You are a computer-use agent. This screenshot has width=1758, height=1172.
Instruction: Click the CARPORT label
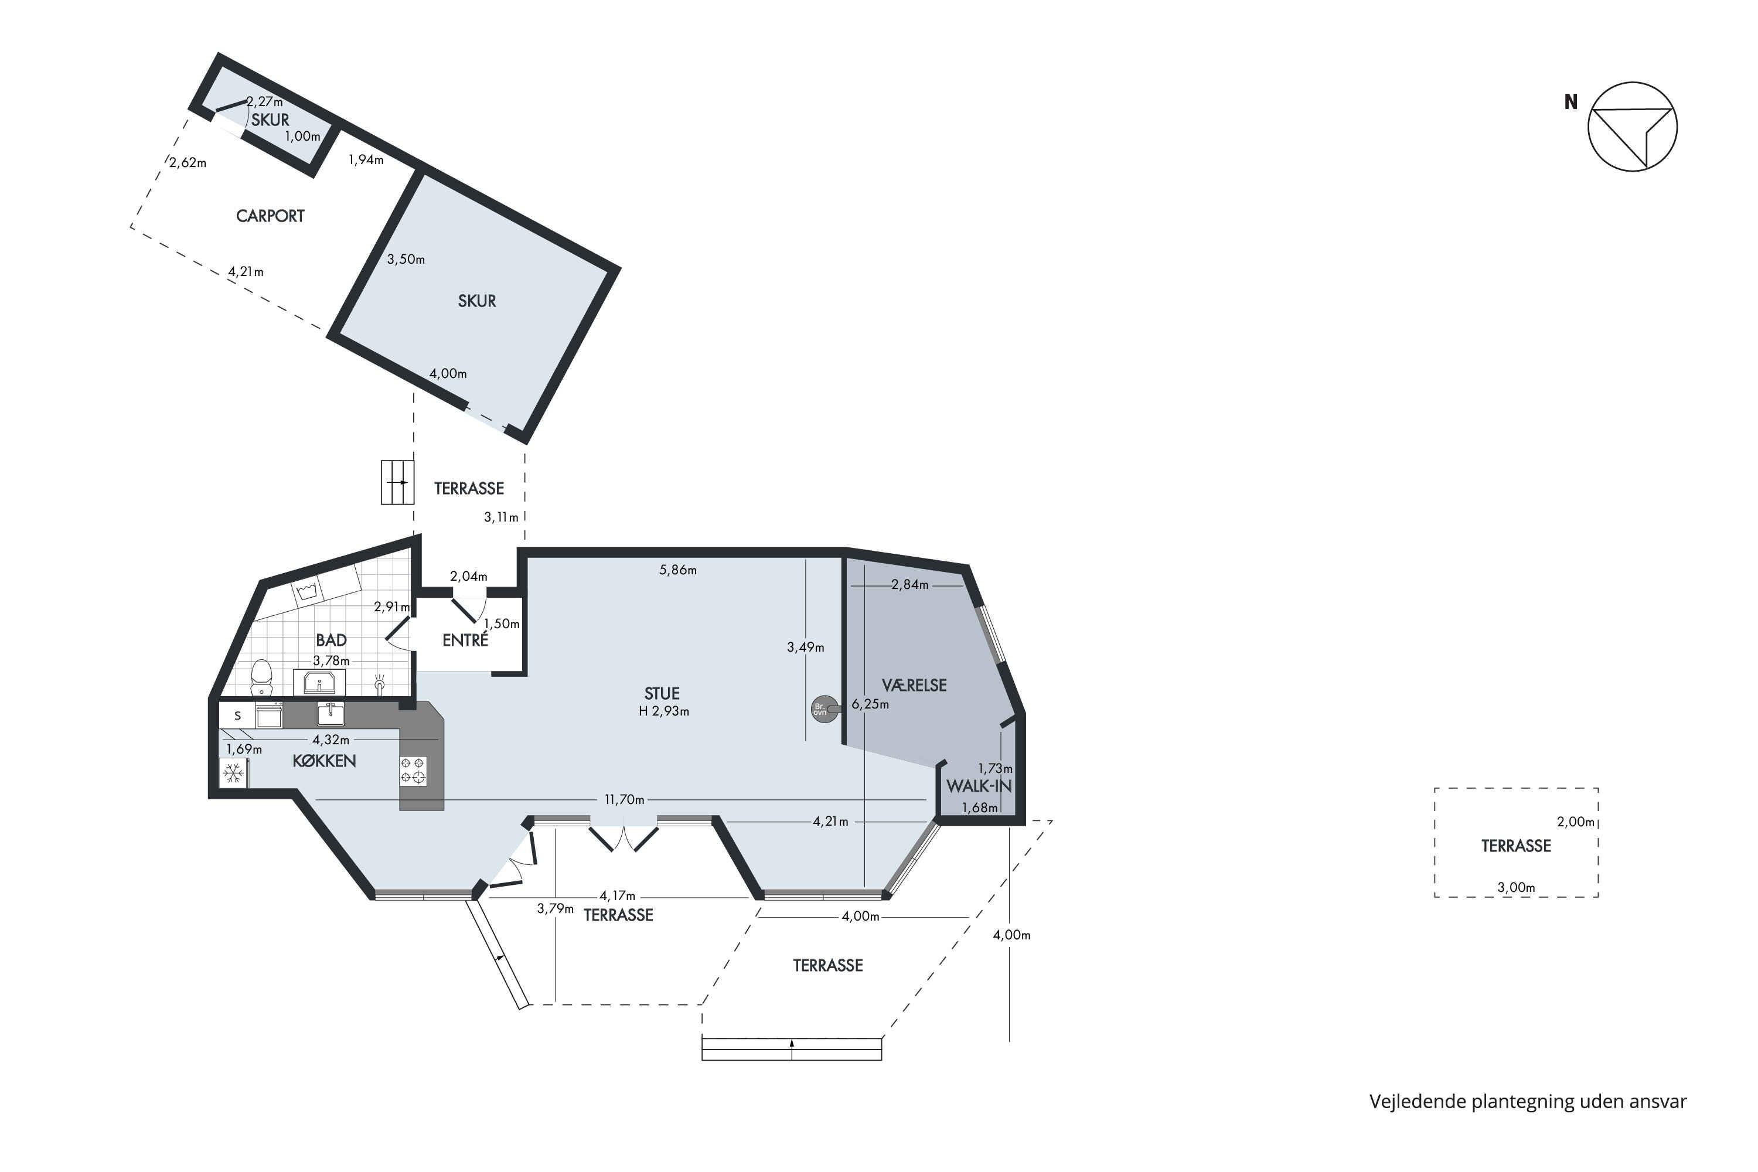coord(270,216)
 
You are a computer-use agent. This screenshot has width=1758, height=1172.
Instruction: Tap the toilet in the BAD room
coord(261,676)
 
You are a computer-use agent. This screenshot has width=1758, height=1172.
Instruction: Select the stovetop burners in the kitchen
coord(413,771)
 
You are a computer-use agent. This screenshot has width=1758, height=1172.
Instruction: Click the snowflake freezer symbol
coord(234,773)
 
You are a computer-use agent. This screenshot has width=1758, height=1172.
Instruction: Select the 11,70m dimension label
coord(624,799)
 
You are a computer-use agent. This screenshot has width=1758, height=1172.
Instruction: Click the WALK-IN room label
coord(979,786)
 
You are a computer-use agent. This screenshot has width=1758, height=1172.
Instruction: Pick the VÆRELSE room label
coord(914,686)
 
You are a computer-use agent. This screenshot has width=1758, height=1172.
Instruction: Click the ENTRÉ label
coord(465,640)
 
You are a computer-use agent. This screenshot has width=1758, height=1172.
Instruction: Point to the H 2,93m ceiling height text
coord(664,711)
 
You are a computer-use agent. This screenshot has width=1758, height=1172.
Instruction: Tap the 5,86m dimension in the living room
coord(678,570)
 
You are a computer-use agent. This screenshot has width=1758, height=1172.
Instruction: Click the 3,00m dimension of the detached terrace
coord(1516,887)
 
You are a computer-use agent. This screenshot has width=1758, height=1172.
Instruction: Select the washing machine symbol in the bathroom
coord(306,591)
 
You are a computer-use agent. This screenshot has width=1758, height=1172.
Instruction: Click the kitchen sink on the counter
coord(331,714)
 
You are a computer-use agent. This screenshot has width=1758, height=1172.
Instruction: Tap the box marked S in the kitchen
coord(238,716)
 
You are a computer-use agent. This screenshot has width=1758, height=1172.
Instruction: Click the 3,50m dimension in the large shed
coord(406,260)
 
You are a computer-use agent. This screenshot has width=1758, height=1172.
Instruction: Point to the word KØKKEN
coord(323,761)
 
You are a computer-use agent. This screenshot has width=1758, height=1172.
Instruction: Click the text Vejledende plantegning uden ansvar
coord(1528,1101)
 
